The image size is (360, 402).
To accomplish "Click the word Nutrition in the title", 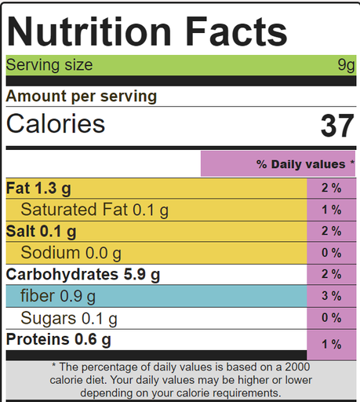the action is (89, 31).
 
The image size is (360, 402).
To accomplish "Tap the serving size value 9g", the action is (346, 65).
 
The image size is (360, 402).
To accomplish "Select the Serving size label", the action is (49, 64).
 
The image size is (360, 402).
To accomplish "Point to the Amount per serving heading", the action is (82, 97).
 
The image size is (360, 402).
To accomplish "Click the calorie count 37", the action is (337, 126).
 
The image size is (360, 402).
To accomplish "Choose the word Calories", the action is (56, 123).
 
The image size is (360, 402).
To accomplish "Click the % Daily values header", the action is (305, 164).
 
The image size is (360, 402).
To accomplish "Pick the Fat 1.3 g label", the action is (38, 188).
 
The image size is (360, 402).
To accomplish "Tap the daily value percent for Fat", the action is (331, 188).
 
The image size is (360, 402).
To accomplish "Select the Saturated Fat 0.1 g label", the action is (95, 210).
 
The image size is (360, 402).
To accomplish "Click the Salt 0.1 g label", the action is (41, 232).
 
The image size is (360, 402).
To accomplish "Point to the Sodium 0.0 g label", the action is (71, 253).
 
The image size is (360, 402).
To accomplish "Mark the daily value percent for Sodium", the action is (331, 253).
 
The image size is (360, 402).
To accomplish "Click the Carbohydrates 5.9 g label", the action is (83, 275).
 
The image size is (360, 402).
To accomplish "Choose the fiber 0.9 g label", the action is (58, 296).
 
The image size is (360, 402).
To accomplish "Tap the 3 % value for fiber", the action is (331, 296).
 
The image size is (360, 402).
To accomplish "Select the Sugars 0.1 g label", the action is (69, 319).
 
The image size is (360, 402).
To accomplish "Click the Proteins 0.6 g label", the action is (59, 340).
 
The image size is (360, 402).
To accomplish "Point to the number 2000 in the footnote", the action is (297, 367).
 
